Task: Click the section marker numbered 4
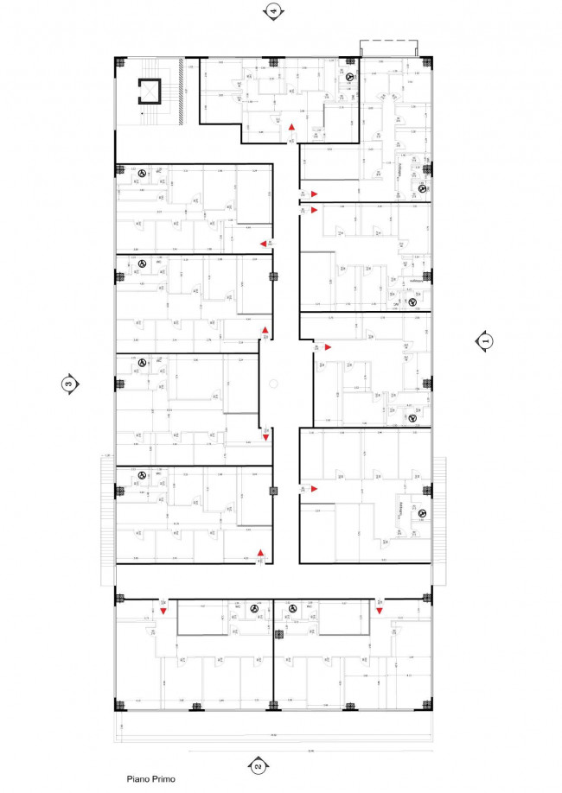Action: pos(273,11)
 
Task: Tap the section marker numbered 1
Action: pos(484,342)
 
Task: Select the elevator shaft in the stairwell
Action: pos(150,89)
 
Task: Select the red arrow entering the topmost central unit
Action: pos(291,126)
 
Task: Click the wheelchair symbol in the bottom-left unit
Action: pos(254,609)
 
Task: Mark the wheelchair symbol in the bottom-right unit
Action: pos(293,609)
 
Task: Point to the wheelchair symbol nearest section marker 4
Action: pos(349,78)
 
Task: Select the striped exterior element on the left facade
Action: pos(106,518)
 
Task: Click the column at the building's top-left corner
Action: pos(119,62)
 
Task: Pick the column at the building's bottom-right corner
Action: pos(427,706)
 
